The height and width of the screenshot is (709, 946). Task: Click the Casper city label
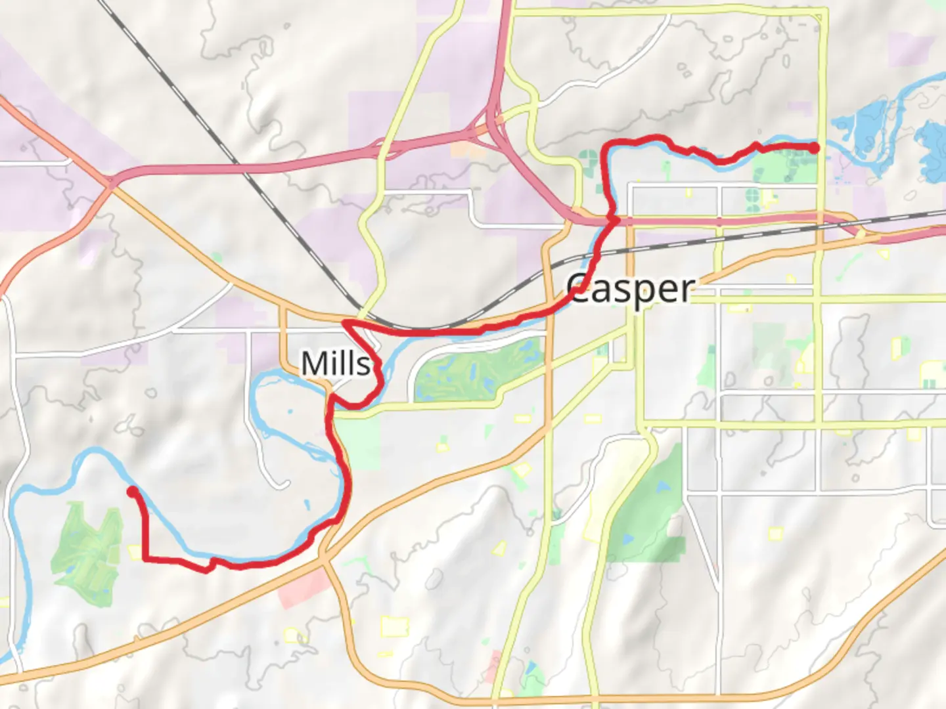point(631,289)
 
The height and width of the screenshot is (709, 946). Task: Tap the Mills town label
point(336,363)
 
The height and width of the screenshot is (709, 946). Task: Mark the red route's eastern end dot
point(814,148)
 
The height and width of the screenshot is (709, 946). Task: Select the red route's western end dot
point(132,491)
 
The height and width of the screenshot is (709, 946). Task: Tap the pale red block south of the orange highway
point(304,589)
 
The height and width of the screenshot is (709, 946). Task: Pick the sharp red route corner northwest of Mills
point(344,322)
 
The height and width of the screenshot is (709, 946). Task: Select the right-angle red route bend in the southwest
point(144,559)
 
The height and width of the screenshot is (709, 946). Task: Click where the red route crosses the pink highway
point(614,221)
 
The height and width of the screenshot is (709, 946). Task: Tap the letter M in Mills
point(313,363)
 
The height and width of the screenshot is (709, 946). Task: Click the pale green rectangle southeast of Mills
point(361,443)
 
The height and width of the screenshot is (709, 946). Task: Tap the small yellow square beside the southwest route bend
point(135,553)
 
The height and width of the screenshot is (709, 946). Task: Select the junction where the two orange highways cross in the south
point(324,559)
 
